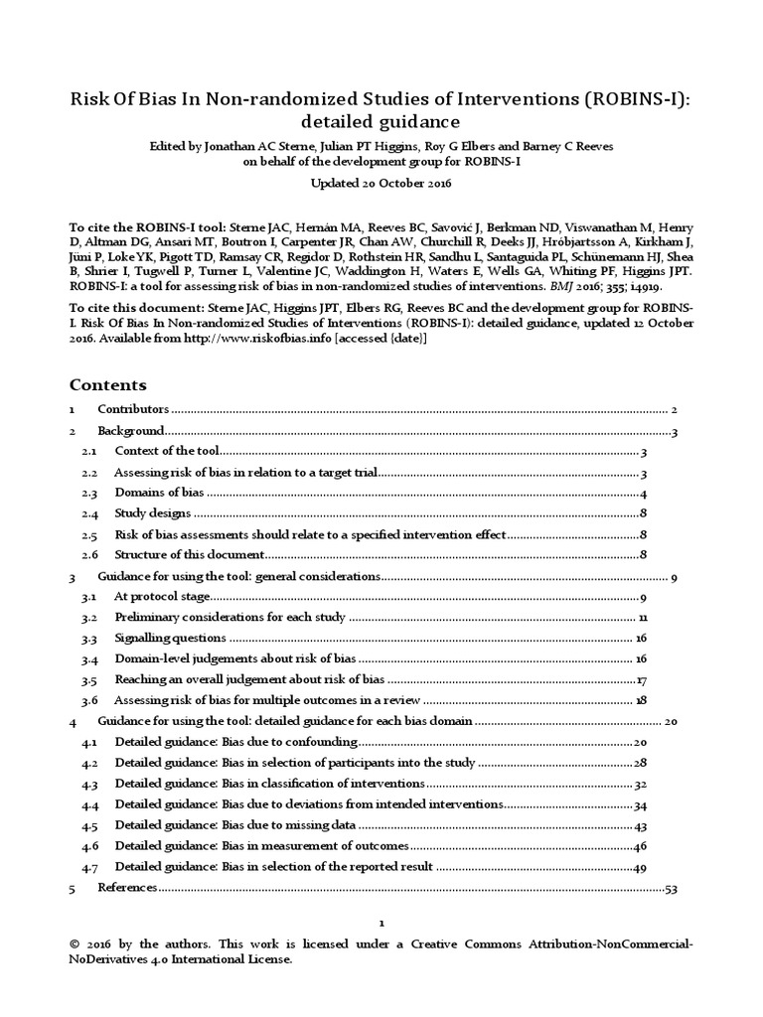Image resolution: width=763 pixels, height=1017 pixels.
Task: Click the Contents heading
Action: click(x=107, y=384)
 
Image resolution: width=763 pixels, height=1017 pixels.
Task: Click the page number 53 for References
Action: click(x=671, y=888)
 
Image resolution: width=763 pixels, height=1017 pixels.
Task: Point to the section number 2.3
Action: click(x=89, y=494)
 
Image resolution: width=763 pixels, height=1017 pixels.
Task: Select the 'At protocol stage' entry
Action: click(x=162, y=597)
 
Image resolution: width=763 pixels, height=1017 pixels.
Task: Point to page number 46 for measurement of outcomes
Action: click(x=641, y=846)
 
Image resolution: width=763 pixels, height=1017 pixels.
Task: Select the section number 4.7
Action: click(x=89, y=867)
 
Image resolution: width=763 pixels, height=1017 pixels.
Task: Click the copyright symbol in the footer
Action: click(x=76, y=944)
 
